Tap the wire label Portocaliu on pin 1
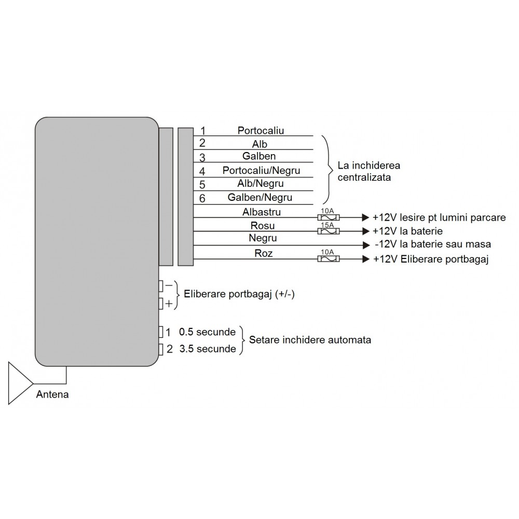[261, 130]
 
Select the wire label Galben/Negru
[259, 197]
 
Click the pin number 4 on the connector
[202, 171]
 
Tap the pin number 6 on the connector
[202, 198]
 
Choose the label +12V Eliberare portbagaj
[431, 259]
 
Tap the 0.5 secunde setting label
[207, 332]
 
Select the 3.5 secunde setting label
[207, 349]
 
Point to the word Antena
[52, 394]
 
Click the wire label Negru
[263, 238]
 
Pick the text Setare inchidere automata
[310, 340]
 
